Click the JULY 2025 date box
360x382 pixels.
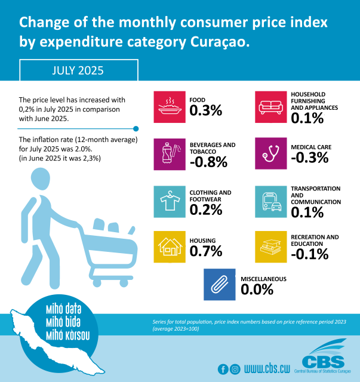click(x=78, y=70)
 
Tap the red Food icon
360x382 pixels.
click(x=169, y=106)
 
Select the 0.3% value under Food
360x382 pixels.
click(x=206, y=111)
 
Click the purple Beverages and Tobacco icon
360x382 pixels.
click(x=169, y=154)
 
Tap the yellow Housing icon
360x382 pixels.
click(x=169, y=247)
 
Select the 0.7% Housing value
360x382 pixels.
click(x=206, y=251)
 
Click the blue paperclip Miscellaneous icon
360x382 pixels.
click(x=220, y=284)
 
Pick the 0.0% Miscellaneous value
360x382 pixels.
click(x=257, y=289)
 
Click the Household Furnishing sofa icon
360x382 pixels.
click(x=271, y=106)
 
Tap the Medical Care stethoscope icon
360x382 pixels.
click(x=271, y=154)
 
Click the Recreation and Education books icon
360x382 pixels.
click(x=271, y=247)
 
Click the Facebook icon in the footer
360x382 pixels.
click(x=223, y=369)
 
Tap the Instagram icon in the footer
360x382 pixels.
click(x=235, y=369)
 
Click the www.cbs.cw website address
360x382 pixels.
click(x=271, y=369)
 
